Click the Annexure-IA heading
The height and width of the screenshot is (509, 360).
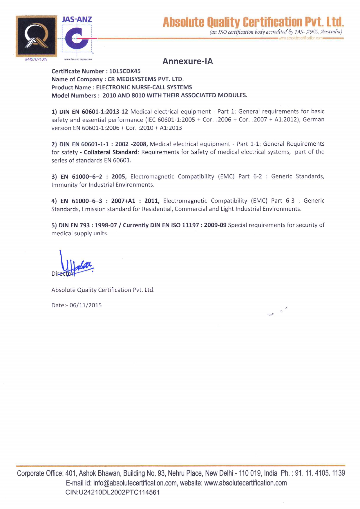[x=188, y=61]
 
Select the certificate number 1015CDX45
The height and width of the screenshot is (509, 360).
[x=125, y=71]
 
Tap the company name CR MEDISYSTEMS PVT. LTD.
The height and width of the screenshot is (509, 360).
[x=146, y=79]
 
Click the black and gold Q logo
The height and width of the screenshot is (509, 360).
[x=36, y=36]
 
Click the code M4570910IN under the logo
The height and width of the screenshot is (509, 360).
[x=36, y=59]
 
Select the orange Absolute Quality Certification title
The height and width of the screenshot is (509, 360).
[x=253, y=22]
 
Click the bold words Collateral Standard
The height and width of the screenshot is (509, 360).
[x=111, y=152]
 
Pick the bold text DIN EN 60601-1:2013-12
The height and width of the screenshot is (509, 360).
[x=93, y=111]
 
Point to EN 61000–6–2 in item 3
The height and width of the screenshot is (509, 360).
[x=81, y=176]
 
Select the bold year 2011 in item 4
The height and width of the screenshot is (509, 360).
[x=151, y=201]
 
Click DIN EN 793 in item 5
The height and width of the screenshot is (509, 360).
[x=74, y=225]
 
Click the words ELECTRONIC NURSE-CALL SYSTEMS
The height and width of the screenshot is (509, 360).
[x=144, y=87]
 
